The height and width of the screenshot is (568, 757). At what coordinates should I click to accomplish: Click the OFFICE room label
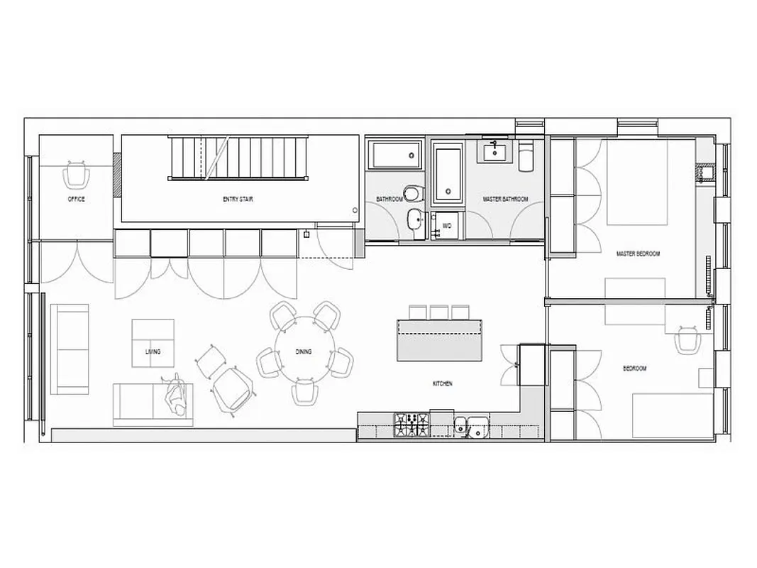click(76, 200)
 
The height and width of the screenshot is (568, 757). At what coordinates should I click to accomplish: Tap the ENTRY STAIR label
click(238, 200)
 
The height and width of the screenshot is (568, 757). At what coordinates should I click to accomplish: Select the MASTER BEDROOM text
click(639, 253)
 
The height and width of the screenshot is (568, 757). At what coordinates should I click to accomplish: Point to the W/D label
click(447, 226)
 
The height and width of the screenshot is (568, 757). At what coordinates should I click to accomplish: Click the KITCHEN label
click(443, 383)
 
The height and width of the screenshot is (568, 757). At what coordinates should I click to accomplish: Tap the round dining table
click(304, 351)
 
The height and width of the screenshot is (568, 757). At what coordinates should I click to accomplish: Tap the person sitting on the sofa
click(175, 398)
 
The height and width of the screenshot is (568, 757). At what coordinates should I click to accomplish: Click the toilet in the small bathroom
click(411, 193)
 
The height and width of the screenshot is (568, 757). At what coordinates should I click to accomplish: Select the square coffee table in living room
click(153, 344)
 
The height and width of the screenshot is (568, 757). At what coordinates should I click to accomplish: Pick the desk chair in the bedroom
click(687, 339)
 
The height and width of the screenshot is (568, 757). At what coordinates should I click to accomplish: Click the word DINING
click(304, 352)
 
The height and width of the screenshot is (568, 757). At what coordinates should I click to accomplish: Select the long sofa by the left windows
click(70, 349)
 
